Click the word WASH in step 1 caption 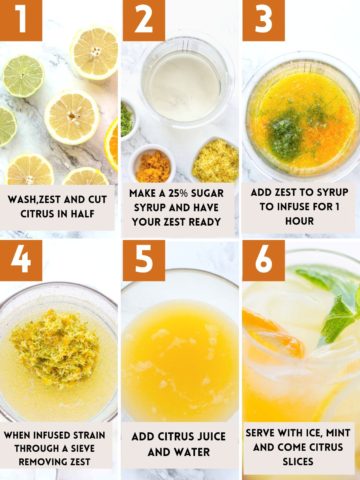click(27, 199)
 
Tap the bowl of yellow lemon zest click(215, 160)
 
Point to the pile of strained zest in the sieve click(57, 346)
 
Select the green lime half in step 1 click(22, 75)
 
